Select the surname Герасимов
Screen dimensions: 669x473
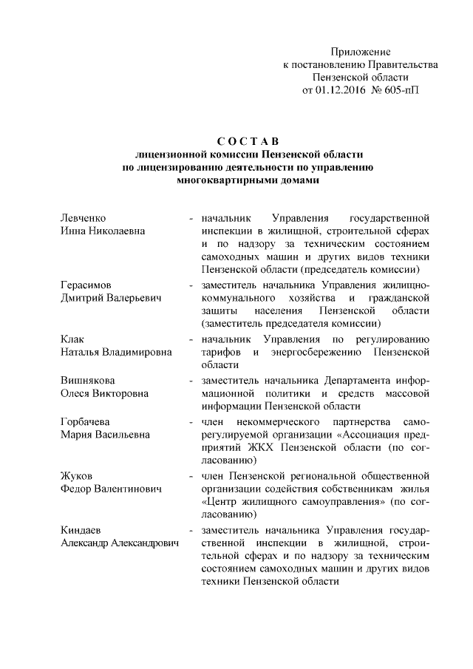click(x=85, y=285)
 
